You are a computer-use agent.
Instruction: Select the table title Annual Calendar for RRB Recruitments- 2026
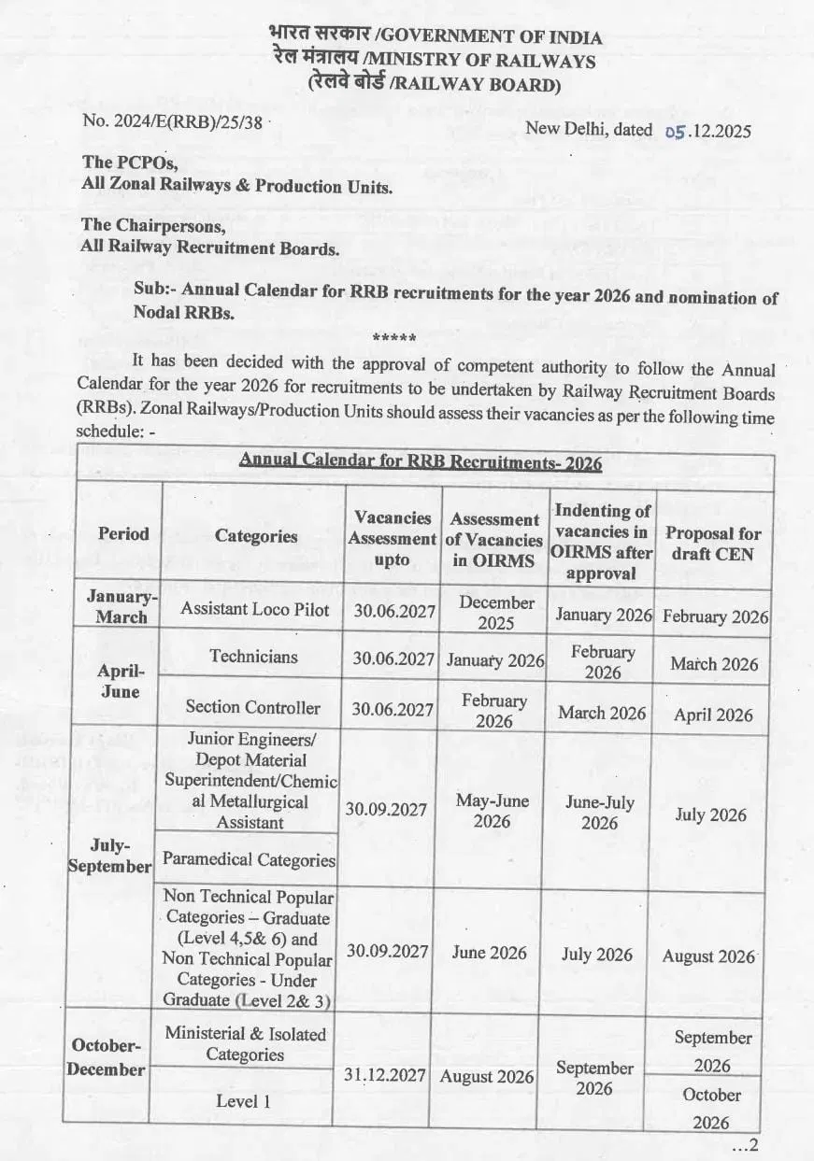click(421, 462)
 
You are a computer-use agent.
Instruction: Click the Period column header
click(122, 533)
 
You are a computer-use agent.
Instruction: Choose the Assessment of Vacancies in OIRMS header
click(493, 540)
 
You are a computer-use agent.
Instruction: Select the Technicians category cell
click(253, 656)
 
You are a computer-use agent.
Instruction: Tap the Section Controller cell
click(252, 707)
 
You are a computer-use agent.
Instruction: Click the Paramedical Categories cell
click(249, 859)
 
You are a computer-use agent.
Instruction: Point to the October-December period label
click(106, 1057)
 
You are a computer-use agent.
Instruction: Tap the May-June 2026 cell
click(492, 811)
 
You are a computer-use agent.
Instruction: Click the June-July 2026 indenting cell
click(599, 813)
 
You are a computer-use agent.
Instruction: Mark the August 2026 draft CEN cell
click(708, 956)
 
